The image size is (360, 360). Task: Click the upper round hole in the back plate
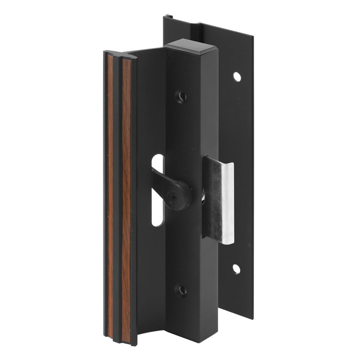pyautogui.click(x=237, y=76)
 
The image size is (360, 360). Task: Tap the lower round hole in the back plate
pyautogui.click(x=236, y=269)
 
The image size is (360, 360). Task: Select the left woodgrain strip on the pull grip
pyautogui.click(x=110, y=198)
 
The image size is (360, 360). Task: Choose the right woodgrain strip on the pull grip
pyautogui.click(x=126, y=198)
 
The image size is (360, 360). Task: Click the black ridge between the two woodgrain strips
pyautogui.click(x=118, y=198)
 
